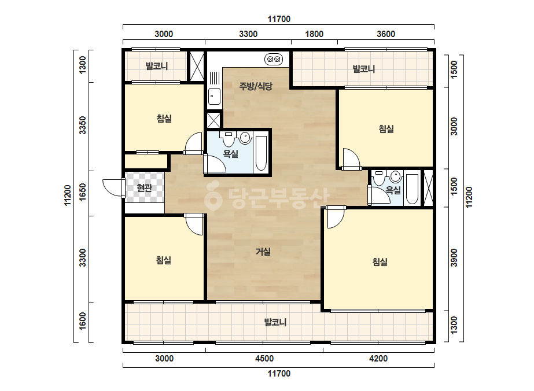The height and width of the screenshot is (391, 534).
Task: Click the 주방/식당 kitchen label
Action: click(255, 86)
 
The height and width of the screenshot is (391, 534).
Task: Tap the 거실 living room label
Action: click(263, 252)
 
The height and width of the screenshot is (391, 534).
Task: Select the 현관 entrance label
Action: click(144, 187)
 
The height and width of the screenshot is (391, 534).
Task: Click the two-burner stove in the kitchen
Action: click(274, 59)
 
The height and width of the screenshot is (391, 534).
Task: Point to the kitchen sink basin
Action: click(214, 97)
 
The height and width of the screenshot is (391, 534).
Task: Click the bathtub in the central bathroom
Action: click(261, 153)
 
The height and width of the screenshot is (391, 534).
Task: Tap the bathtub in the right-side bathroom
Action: click(412, 189)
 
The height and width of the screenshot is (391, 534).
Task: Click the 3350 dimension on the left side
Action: click(83, 126)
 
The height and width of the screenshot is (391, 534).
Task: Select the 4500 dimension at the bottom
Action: click(264, 358)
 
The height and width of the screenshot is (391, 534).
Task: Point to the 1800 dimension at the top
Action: click(314, 34)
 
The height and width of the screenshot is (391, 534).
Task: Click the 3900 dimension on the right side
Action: click(454, 258)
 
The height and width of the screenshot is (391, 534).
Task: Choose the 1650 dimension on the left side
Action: click(83, 192)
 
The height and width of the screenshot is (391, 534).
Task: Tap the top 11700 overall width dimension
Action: click(279, 19)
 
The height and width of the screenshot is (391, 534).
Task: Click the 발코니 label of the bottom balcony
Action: click(275, 322)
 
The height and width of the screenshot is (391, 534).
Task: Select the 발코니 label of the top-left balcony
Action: click(157, 66)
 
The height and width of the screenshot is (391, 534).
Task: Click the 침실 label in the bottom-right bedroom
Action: click(380, 262)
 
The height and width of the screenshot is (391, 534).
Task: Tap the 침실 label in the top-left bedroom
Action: click(164, 119)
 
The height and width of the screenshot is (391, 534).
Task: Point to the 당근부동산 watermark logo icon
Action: click(213, 196)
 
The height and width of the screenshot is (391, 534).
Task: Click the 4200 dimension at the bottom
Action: click(378, 358)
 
